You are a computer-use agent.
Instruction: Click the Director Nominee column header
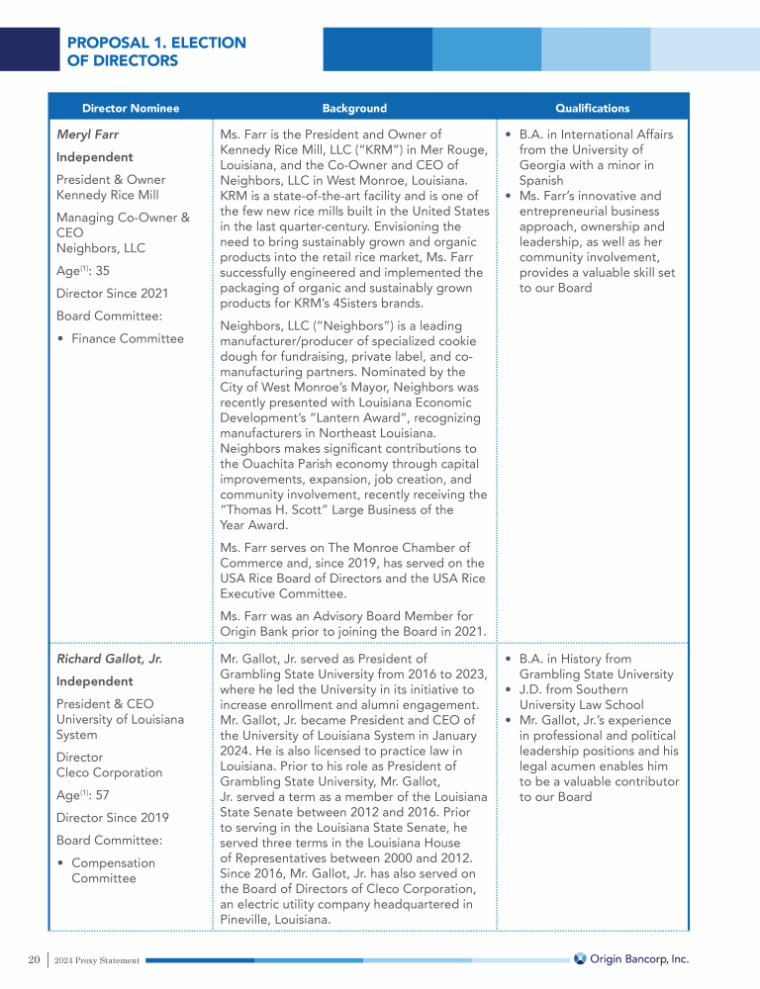click(131, 108)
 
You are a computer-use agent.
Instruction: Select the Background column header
click(354, 108)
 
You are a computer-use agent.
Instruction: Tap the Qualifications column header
click(592, 108)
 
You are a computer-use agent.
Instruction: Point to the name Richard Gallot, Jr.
click(109, 659)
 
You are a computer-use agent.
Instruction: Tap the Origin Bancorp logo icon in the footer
click(580, 958)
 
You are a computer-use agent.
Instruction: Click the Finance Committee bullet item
click(128, 338)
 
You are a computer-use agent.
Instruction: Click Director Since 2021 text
click(112, 293)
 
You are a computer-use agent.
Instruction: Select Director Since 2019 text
click(112, 817)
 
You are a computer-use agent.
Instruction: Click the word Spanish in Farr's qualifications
click(541, 181)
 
